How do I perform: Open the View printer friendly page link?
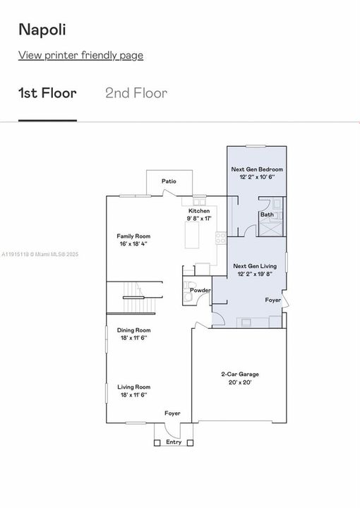tap(80, 55)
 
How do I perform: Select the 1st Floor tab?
tap(47, 93)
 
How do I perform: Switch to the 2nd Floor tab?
tap(136, 93)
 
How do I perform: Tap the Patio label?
tap(169, 181)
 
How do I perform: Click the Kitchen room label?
tap(198, 211)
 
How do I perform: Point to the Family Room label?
tap(133, 236)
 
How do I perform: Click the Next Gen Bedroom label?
tap(257, 169)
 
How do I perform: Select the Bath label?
tap(267, 214)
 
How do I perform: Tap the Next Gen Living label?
tap(255, 265)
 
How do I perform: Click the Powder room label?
tap(200, 290)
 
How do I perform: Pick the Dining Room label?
tap(133, 329)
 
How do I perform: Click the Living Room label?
tap(133, 387)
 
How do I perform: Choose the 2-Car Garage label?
tap(239, 375)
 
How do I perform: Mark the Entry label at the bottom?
tap(174, 442)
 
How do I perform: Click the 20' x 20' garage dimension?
tap(239, 382)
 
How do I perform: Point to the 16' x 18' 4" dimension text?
tap(133, 243)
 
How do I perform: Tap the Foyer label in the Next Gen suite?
tap(273, 300)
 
